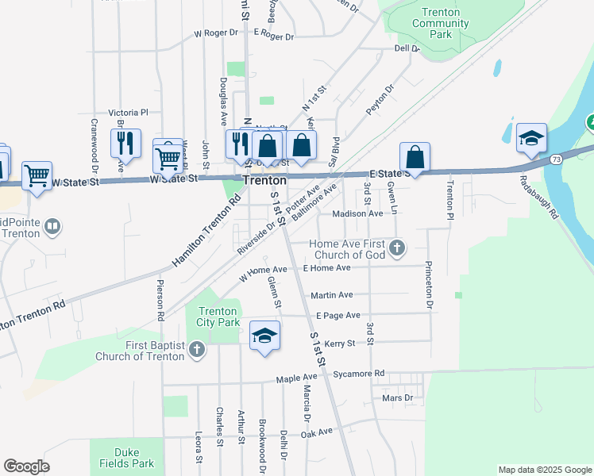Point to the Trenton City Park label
(218, 317)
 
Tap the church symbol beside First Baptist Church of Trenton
(196, 350)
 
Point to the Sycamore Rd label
(359, 372)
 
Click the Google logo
(26, 466)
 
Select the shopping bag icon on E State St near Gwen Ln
(415, 158)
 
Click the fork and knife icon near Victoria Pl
(125, 144)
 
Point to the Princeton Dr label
(430, 285)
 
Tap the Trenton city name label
(264, 180)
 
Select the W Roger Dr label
(216, 33)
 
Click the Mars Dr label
(397, 397)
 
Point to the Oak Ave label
(317, 432)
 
